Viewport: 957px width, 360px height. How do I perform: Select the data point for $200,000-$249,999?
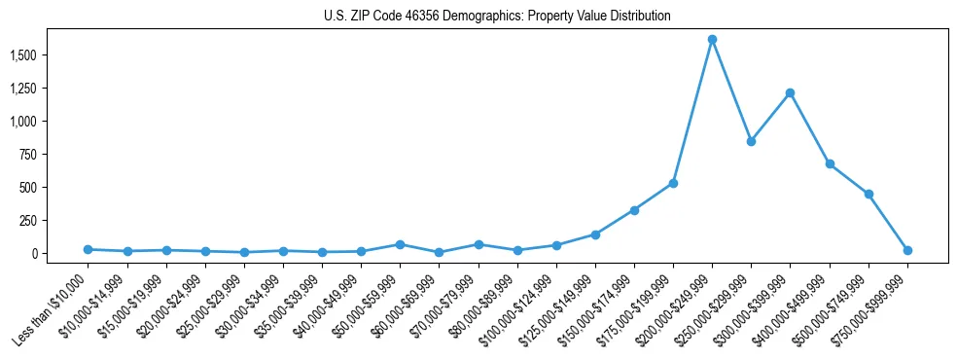pyautogui.click(x=712, y=40)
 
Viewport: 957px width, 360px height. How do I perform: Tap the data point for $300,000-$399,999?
pyautogui.click(x=790, y=93)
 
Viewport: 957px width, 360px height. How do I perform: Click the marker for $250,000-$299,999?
pyautogui.click(x=751, y=142)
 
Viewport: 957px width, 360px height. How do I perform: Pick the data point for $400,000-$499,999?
pyautogui.click(x=830, y=164)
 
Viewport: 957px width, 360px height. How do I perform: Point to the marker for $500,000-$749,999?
pyautogui.click(x=868, y=195)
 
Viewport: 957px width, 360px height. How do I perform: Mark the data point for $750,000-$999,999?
pyautogui.click(x=907, y=250)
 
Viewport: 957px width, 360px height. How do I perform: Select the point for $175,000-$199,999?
pyautogui.click(x=673, y=183)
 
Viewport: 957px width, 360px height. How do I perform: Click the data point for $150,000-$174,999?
pyautogui.click(x=634, y=210)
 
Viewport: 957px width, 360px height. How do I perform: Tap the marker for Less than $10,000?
pyautogui.click(x=88, y=249)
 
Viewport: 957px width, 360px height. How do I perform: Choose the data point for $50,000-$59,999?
pyautogui.click(x=400, y=244)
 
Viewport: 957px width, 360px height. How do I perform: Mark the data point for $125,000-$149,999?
pyautogui.click(x=595, y=234)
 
